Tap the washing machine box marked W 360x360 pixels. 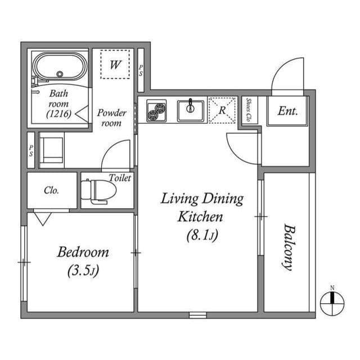pyautogui.click(x=115, y=64)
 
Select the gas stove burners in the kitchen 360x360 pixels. pyautogui.click(x=156, y=110)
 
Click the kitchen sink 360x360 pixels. pyautogui.click(x=191, y=110)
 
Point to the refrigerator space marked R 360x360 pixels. pyautogui.click(x=222, y=110)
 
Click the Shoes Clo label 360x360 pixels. pyautogui.click(x=249, y=110)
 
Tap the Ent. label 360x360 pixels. pyautogui.click(x=287, y=111)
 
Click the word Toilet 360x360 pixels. pyautogui.click(x=120, y=178)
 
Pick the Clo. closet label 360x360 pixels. pyautogui.click(x=51, y=190)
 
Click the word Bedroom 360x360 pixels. pyautogui.click(x=83, y=252)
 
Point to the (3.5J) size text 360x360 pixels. pyautogui.click(x=83, y=271)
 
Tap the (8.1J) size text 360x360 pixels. pyautogui.click(x=201, y=236)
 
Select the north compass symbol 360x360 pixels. pyautogui.click(x=332, y=304)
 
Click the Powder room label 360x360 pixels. pyautogui.click(x=111, y=117)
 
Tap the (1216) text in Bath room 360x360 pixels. pyautogui.click(x=58, y=114)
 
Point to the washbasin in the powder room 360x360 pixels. pyautogui.click(x=51, y=150)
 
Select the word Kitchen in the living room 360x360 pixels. pyautogui.click(x=201, y=217)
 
